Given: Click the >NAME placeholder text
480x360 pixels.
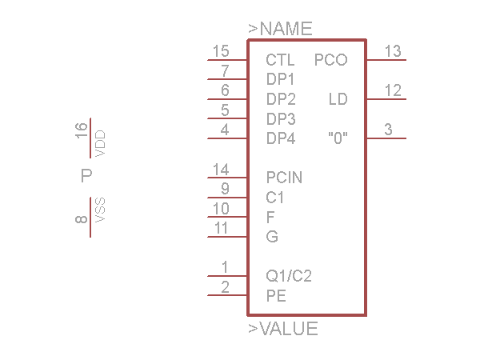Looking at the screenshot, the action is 280,29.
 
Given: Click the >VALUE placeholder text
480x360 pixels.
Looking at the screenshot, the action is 283,329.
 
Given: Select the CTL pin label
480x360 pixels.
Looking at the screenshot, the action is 280,60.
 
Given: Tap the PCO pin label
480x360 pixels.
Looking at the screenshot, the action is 331,60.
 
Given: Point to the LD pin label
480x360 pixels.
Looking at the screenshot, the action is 338,99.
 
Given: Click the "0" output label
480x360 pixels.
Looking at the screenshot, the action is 338,138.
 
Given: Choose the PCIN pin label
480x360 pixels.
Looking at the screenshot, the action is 284,178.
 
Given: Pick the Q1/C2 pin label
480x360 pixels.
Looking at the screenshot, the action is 289,276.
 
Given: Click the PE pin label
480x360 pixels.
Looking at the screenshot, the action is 276,296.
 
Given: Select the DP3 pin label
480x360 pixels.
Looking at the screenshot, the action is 281,118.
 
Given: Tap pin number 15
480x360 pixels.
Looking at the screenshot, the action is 221,51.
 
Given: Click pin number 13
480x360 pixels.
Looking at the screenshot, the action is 393,51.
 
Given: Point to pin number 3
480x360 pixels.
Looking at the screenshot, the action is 388,130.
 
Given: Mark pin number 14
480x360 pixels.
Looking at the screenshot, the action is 221,170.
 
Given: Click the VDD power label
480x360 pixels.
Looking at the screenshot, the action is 100,143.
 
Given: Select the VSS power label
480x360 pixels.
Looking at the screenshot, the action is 100,210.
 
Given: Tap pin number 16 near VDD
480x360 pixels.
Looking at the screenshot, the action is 81,130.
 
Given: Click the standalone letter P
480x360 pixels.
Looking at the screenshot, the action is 86,176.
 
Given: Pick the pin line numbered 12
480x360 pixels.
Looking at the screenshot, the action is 386,99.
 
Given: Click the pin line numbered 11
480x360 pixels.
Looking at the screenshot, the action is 227,237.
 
